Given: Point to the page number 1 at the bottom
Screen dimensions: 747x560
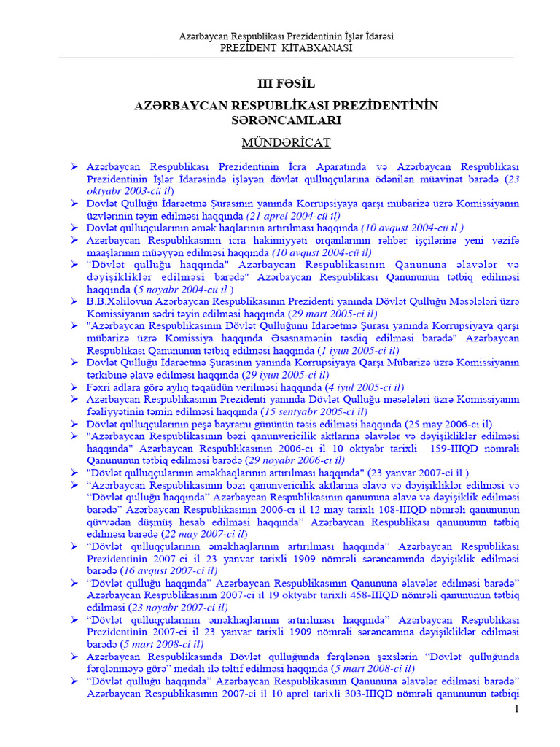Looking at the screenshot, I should pyautogui.click(x=516, y=710).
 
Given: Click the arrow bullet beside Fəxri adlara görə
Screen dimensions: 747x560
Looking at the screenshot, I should pyautogui.click(x=74, y=387).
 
